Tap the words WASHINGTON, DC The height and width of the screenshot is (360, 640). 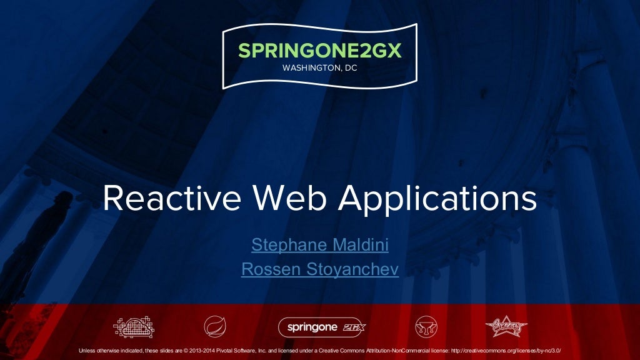pos(319,68)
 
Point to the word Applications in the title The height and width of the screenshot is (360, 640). pos(437,199)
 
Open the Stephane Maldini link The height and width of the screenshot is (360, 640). pos(319,244)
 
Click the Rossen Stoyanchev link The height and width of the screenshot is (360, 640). pos(319,269)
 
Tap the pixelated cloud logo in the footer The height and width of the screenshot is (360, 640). pos(133,326)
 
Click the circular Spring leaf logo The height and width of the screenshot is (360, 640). pos(215,326)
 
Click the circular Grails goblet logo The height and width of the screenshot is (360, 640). pos(426,326)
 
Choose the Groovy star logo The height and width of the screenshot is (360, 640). pos(506,326)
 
